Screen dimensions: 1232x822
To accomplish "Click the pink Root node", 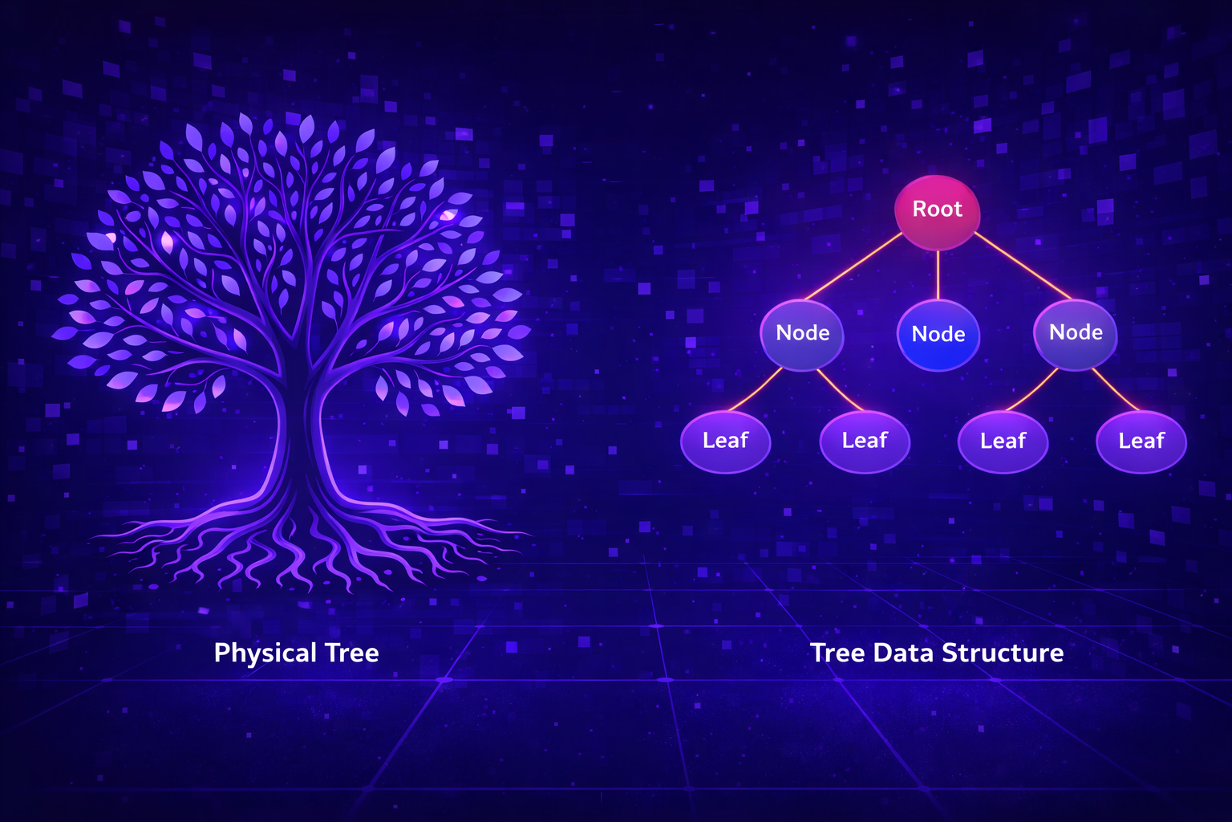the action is [937, 210].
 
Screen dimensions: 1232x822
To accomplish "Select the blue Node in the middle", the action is [938, 335].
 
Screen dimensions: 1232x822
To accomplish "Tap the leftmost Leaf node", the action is [725, 441].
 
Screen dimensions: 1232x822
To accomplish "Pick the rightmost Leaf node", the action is [1141, 442].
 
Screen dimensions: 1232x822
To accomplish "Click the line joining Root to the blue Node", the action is [938, 275].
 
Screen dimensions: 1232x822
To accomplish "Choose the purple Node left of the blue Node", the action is [802, 334].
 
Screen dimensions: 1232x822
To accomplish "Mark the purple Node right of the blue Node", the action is [1076, 333].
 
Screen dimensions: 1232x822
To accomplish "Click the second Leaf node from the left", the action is [865, 441].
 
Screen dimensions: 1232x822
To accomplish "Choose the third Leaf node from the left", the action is [1003, 442].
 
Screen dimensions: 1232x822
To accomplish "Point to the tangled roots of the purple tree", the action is [305, 546].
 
